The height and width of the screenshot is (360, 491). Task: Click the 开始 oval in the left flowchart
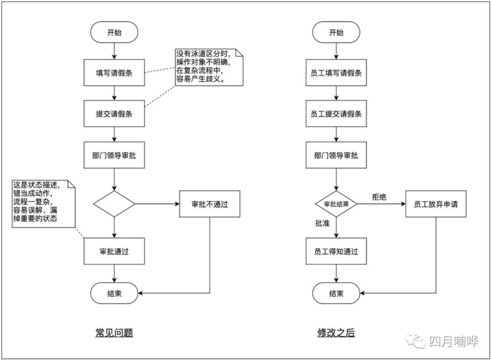tap(114, 32)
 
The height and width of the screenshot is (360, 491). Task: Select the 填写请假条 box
tap(114, 73)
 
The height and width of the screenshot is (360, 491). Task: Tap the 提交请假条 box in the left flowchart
tap(114, 113)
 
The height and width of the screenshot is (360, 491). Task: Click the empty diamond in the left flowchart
tap(114, 204)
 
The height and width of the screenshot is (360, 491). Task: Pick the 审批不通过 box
tap(209, 204)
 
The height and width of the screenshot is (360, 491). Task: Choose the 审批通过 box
tap(114, 251)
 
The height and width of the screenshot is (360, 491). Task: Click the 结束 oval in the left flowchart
tap(114, 293)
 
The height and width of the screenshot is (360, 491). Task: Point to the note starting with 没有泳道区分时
tap(209, 67)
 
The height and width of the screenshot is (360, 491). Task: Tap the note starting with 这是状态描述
tap(44, 203)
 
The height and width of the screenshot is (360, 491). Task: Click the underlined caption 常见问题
tap(114, 332)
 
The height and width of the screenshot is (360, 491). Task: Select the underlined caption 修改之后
tap(336, 332)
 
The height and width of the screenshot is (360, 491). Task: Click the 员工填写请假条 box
tap(336, 73)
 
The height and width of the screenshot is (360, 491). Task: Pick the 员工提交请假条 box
tap(336, 113)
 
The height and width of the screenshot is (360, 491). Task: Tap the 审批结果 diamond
tap(336, 204)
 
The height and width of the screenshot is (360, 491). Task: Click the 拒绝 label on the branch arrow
tap(379, 197)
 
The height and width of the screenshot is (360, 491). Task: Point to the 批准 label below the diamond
tap(322, 223)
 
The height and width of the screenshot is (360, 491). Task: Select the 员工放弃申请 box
tap(436, 204)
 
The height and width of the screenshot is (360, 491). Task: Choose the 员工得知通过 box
tap(336, 251)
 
